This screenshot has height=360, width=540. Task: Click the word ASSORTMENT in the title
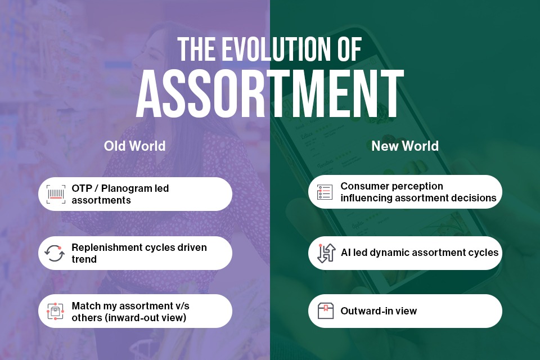click(x=270, y=93)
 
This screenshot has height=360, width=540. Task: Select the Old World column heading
click(x=134, y=146)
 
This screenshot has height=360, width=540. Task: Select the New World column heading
click(x=405, y=146)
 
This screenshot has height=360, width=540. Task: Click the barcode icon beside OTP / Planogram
click(x=56, y=194)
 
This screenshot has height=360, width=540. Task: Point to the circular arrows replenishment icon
click(x=55, y=253)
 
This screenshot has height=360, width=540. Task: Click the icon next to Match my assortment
click(x=55, y=311)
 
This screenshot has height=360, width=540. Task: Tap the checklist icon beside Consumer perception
click(x=325, y=192)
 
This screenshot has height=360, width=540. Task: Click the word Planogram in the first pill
click(x=125, y=188)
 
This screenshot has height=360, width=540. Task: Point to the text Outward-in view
click(x=379, y=311)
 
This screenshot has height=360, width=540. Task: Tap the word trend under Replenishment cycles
click(x=84, y=259)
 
